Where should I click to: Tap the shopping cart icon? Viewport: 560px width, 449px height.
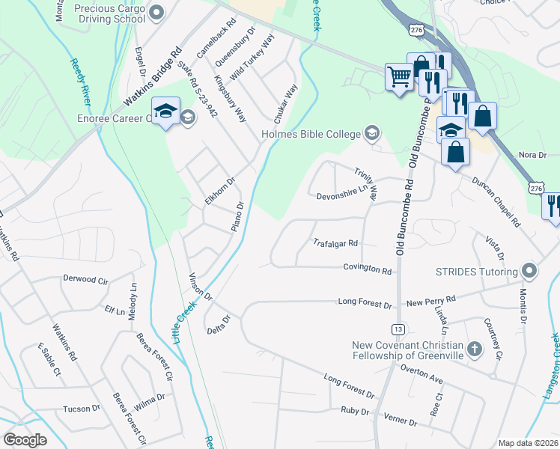[399, 76]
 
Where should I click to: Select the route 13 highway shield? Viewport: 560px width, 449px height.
[397, 329]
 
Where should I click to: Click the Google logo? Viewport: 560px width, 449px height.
[25, 440]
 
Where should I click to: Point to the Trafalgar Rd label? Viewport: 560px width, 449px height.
[335, 243]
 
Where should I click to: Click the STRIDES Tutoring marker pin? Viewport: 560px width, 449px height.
[531, 271]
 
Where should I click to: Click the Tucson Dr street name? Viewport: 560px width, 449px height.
[82, 409]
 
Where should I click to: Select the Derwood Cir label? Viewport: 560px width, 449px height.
[86, 279]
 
